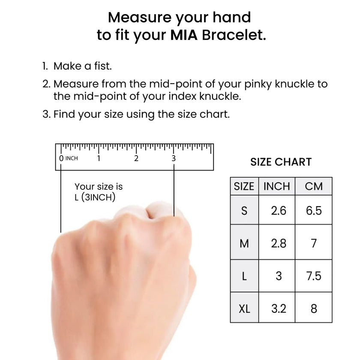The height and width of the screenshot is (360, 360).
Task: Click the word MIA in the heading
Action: [184, 35]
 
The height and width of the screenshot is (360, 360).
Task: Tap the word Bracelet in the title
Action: [234, 35]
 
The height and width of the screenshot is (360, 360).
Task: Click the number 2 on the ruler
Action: [136, 158]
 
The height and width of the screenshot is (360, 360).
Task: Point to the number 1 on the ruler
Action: [99, 158]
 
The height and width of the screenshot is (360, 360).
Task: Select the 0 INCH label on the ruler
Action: [69, 158]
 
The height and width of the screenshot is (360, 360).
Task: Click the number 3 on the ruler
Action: [174, 158]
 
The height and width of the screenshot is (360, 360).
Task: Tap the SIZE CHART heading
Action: [281, 162]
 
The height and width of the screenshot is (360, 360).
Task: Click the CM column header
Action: [314, 186]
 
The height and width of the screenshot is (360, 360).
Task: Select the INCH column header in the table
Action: [277, 186]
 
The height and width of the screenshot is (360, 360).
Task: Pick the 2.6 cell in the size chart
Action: [279, 210]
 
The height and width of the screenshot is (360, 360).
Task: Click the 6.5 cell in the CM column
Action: [314, 210]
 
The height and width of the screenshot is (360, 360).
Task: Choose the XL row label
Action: [244, 309]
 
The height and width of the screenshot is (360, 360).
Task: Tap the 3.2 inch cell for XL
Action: [279, 309]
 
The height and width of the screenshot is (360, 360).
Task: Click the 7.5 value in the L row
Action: [314, 276]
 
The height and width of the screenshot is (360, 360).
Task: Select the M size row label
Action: [244, 243]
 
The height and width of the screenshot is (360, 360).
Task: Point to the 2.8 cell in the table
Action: [279, 243]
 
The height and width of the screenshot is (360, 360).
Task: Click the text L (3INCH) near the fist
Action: [95, 197]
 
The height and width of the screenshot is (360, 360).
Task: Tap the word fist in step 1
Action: [103, 66]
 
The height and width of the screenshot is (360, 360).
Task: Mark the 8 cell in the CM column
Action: [314, 309]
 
